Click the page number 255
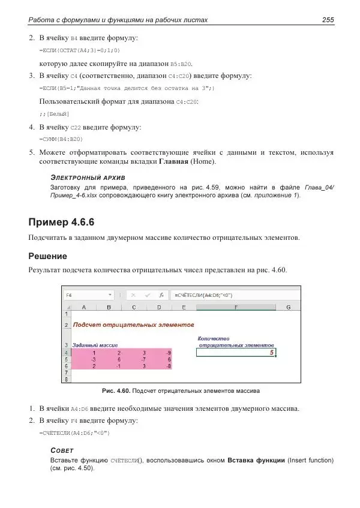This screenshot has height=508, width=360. pyautogui.click(x=328, y=20)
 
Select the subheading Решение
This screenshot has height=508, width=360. pyautogui.click(x=47, y=256)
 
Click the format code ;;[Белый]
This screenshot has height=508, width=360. pyautogui.click(x=54, y=113)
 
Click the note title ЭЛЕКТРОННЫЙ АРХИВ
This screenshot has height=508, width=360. pyautogui.click(x=88, y=178)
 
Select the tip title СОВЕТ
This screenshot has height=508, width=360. pyautogui.click(x=62, y=450)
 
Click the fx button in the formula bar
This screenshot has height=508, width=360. pyautogui.click(x=161, y=295)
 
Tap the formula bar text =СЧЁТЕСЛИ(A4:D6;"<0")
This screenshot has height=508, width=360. pyautogui.click(x=204, y=295)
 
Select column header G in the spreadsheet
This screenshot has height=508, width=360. pyautogui.click(x=288, y=308)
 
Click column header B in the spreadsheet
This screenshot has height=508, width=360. pyautogui.click(x=109, y=308)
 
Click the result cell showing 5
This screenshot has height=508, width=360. pyautogui.click(x=236, y=353)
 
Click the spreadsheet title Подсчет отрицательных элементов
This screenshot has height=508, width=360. pyautogui.click(x=133, y=325)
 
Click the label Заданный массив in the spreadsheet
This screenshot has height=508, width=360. pyautogui.click(x=95, y=345)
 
